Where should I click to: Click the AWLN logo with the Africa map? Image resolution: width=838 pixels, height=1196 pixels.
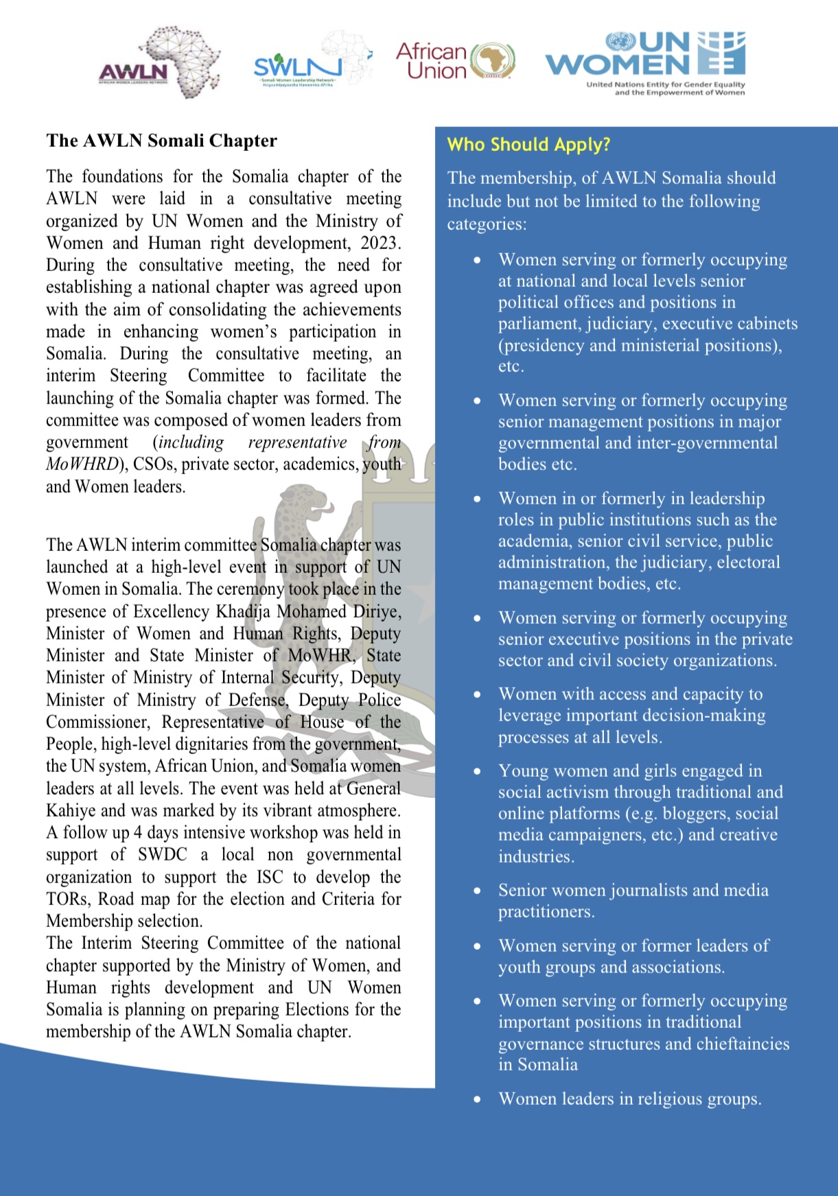[x=159, y=64]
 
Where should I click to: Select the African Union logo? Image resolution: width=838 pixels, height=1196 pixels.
[x=455, y=61]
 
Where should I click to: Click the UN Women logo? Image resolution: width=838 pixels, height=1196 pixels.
[x=646, y=62]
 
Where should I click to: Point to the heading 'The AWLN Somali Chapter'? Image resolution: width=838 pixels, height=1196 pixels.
[x=161, y=141]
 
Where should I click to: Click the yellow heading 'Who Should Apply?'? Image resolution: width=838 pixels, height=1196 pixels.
[x=528, y=145]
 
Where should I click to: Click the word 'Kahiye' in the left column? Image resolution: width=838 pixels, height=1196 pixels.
[x=71, y=810]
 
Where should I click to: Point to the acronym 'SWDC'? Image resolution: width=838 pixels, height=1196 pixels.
[x=162, y=855]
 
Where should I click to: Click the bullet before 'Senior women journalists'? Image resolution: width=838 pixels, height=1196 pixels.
[x=477, y=891]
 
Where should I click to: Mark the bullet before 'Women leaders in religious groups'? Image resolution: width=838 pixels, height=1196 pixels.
[x=477, y=1099]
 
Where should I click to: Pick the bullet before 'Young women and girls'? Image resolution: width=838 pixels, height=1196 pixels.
[x=477, y=771]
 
